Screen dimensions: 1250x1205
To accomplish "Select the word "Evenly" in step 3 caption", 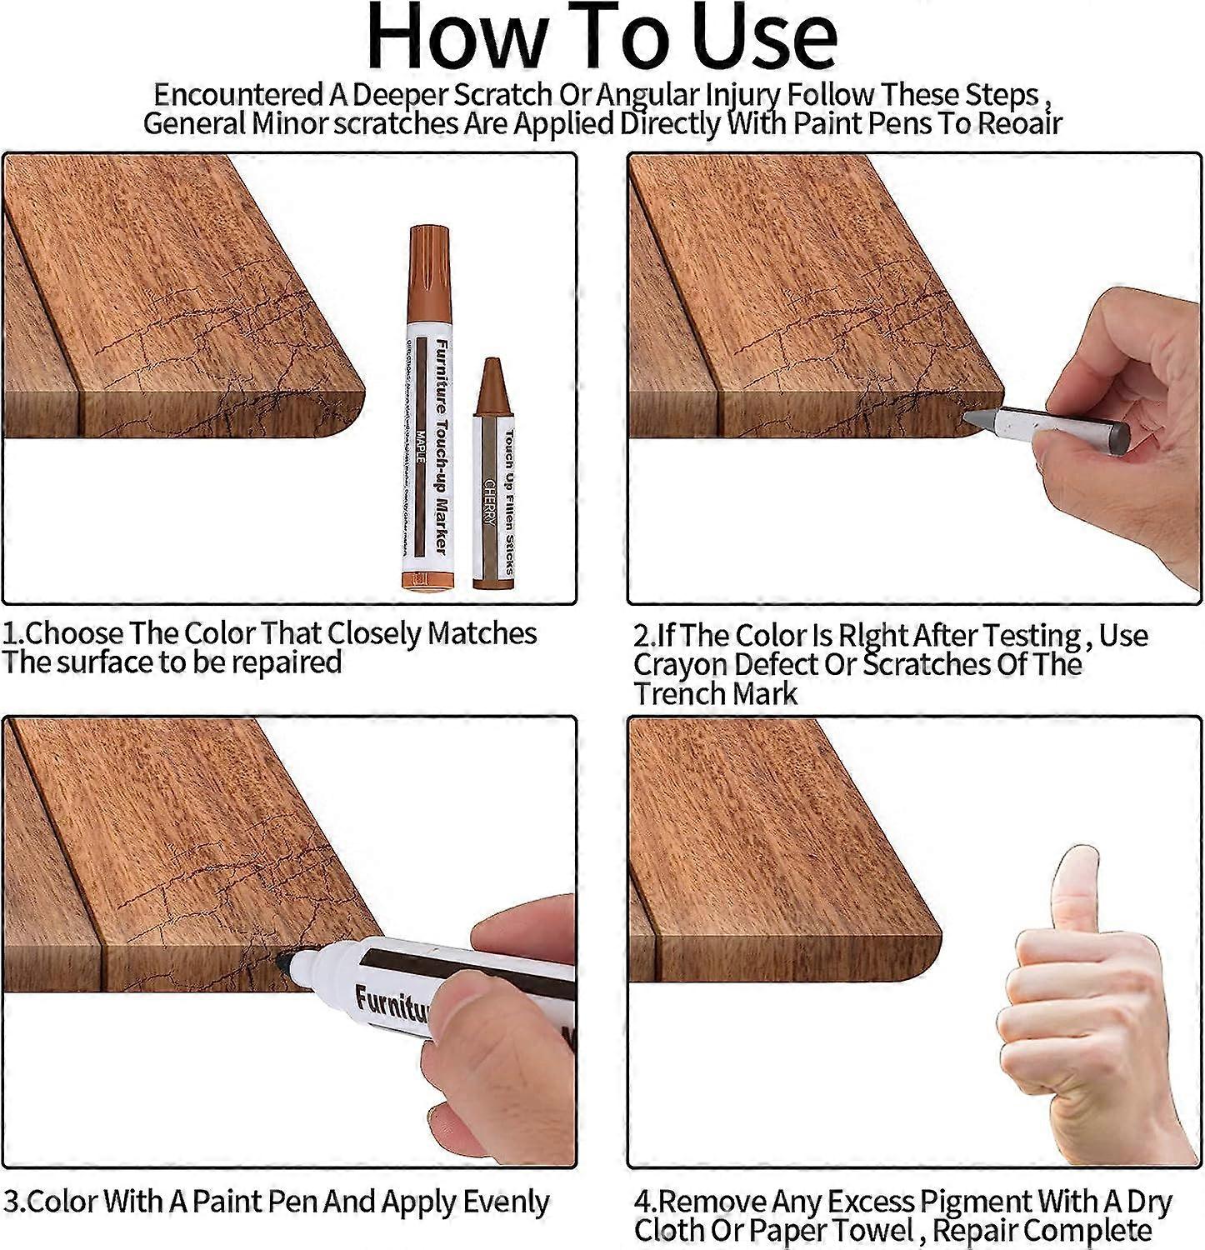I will pos(506,1202).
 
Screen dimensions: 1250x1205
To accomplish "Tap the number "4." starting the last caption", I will pos(645,1202).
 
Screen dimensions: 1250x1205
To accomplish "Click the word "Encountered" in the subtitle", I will pos(238,94).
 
